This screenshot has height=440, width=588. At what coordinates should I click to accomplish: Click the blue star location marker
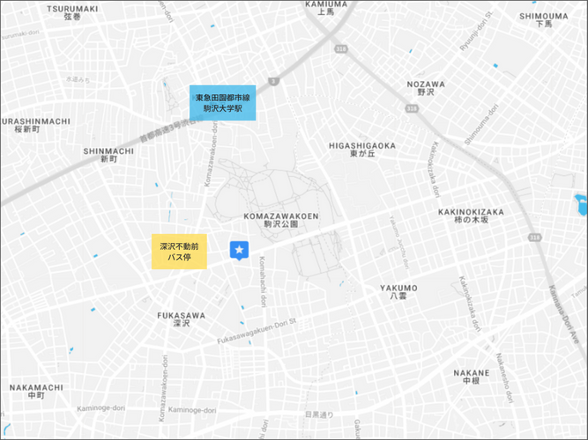click(238, 251)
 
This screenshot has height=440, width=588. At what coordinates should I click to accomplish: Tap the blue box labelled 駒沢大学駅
click(222, 102)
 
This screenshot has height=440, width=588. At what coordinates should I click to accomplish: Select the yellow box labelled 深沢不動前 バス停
click(179, 253)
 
